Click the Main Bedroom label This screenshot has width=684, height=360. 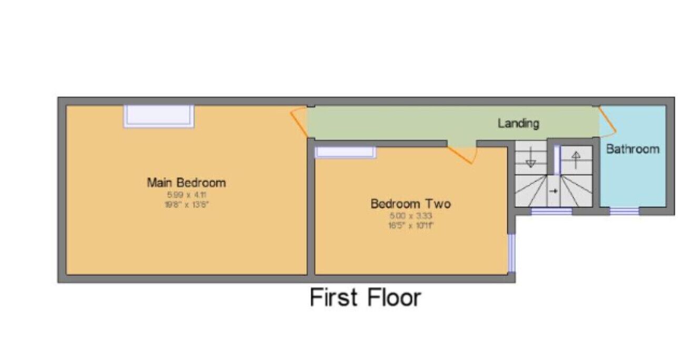tap(186, 183)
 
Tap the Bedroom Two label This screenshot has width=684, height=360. tap(410, 203)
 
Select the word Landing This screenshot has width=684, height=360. tap(518, 123)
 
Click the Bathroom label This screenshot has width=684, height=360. tap(632, 148)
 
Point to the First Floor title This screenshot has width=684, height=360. tap(365, 297)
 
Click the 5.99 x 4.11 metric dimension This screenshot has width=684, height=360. tap(186, 195)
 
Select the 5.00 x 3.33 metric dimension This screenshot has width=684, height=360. tap(411, 215)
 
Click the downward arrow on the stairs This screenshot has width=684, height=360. tap(530, 158)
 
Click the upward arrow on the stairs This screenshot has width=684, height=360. tap(576, 158)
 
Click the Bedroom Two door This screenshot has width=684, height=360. tap(462, 154)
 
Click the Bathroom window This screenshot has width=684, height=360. tap(624, 212)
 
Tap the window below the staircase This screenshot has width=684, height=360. tap(551, 212)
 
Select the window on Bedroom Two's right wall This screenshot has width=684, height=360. tap(511, 252)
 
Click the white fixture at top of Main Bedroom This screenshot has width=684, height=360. tap(158, 116)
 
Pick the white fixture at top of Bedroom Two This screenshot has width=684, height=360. tap(345, 153)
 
